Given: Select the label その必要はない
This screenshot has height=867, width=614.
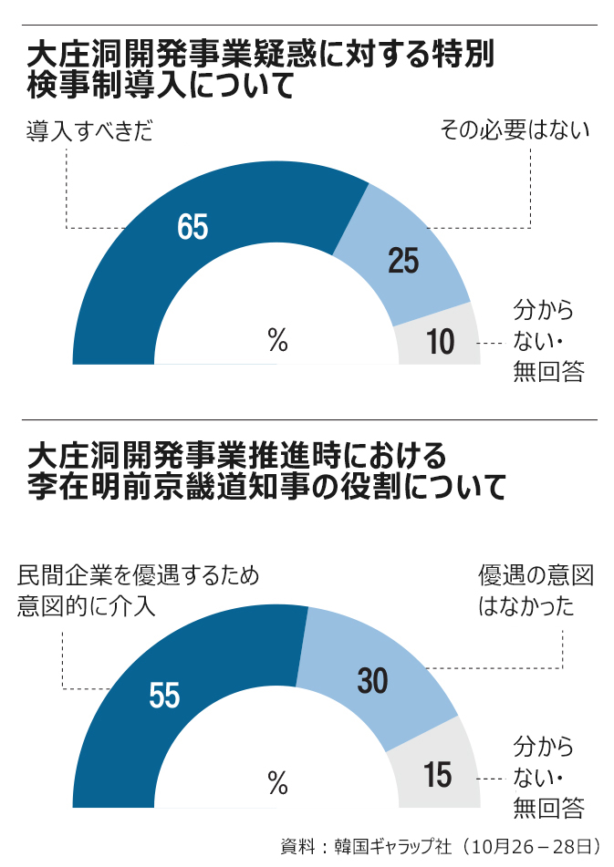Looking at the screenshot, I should point(515,131).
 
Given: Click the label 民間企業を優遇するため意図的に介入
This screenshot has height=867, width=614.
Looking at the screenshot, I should point(137,591).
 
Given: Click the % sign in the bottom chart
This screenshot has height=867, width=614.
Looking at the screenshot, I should point(277,781).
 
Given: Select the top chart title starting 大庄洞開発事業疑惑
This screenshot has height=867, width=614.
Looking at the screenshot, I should point(260,69).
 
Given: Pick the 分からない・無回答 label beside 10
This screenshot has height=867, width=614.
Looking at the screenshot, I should point(547,341).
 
